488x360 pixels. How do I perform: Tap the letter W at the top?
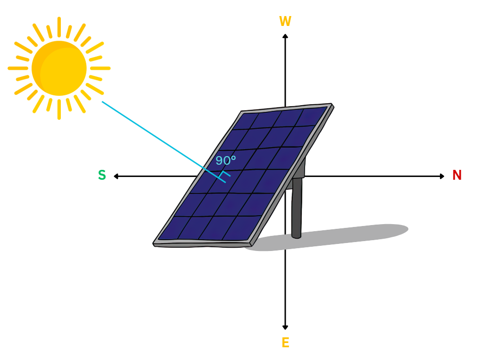tap(285, 22)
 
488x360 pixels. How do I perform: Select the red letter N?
tap(457, 176)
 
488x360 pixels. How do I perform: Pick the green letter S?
tap(102, 176)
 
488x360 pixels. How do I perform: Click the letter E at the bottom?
tap(285, 343)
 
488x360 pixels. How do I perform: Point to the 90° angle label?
tap(225, 161)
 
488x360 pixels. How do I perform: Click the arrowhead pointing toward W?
tap(285, 36)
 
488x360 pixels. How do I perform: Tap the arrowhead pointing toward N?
tap(442, 176)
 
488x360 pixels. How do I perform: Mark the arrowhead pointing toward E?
tap(285, 327)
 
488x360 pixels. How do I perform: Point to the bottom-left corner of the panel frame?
tap(155, 243)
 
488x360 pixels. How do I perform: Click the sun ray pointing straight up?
tap(59, 26)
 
